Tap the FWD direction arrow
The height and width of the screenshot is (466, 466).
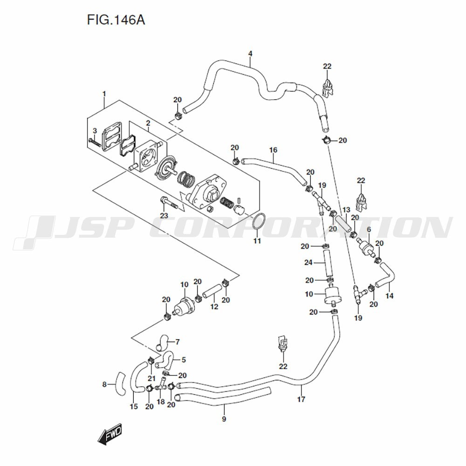(x=110, y=435)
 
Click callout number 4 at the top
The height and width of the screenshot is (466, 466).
(x=250, y=54)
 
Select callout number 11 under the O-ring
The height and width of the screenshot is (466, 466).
(x=257, y=241)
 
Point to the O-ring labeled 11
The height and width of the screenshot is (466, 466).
(x=259, y=222)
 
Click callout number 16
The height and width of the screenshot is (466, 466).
(x=273, y=150)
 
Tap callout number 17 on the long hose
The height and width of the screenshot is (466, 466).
(x=301, y=399)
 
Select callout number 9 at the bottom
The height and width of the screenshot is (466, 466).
(x=224, y=419)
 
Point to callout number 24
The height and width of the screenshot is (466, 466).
(x=308, y=263)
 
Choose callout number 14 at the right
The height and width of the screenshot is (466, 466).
(x=390, y=296)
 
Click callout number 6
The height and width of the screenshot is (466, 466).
(x=369, y=229)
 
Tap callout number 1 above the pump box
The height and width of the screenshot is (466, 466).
(x=104, y=94)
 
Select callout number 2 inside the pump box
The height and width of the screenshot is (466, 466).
(x=148, y=123)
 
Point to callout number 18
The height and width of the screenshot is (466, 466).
(x=161, y=401)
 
